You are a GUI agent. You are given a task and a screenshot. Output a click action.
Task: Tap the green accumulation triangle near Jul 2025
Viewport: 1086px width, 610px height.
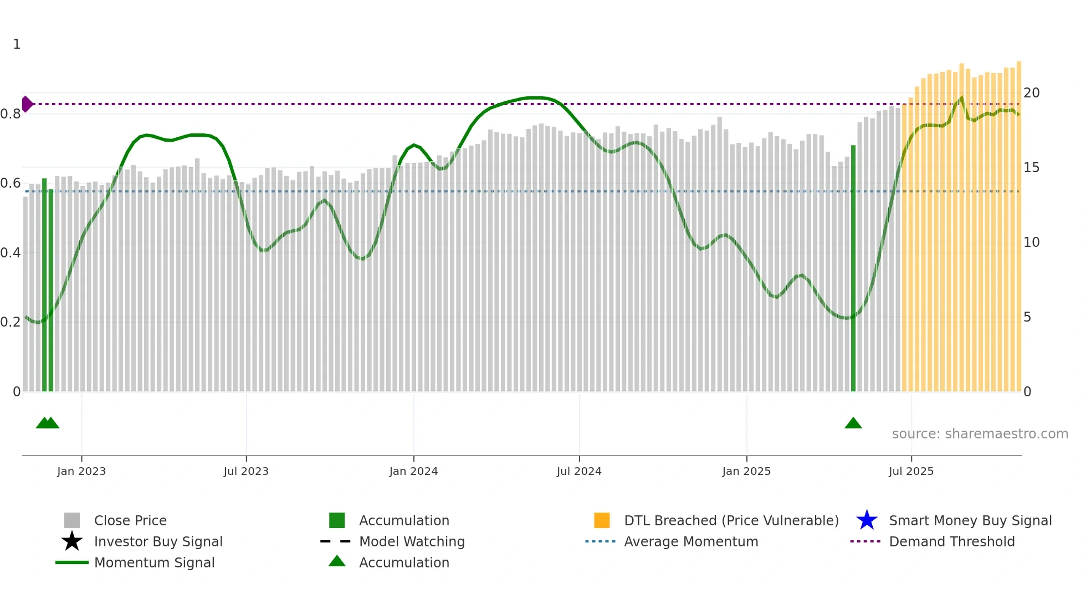(x=853, y=423)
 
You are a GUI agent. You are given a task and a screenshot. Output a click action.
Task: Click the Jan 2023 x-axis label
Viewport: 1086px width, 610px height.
(x=81, y=471)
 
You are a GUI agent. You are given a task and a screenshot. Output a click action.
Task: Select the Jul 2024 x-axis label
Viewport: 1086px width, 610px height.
(x=579, y=471)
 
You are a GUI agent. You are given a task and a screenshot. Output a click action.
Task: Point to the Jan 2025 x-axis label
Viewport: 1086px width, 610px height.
(x=746, y=471)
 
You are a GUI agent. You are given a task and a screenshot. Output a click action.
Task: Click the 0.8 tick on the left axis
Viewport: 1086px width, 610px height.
(x=11, y=114)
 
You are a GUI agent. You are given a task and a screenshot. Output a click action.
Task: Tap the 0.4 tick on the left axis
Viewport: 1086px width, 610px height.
(x=11, y=253)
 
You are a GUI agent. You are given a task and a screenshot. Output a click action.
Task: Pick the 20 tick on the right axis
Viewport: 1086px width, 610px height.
(x=1031, y=93)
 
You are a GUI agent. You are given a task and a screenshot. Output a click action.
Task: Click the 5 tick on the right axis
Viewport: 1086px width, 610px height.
(x=1027, y=317)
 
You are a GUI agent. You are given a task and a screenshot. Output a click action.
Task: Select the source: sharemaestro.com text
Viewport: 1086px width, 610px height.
(x=980, y=434)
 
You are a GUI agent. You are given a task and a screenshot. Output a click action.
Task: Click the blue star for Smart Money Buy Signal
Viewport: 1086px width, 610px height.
(x=867, y=520)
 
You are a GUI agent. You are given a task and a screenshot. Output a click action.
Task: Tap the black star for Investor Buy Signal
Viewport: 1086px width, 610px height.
(x=72, y=541)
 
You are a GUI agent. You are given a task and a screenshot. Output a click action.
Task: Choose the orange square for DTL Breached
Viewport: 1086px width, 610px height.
(x=602, y=520)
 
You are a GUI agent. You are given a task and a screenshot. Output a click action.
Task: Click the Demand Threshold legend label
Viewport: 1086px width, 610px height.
(x=951, y=541)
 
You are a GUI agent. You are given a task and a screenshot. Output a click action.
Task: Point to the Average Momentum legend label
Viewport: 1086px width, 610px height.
(x=691, y=541)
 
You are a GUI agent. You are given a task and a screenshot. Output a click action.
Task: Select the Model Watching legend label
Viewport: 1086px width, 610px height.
(x=412, y=541)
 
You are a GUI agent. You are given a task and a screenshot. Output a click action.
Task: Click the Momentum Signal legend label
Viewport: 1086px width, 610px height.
(x=154, y=562)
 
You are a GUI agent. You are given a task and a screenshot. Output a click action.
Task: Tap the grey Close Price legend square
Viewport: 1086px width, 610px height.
(x=72, y=520)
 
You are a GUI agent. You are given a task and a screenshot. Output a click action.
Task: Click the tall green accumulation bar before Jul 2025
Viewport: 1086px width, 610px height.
(x=853, y=268)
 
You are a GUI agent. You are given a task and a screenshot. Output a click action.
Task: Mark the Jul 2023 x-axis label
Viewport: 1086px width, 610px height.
(x=246, y=471)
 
